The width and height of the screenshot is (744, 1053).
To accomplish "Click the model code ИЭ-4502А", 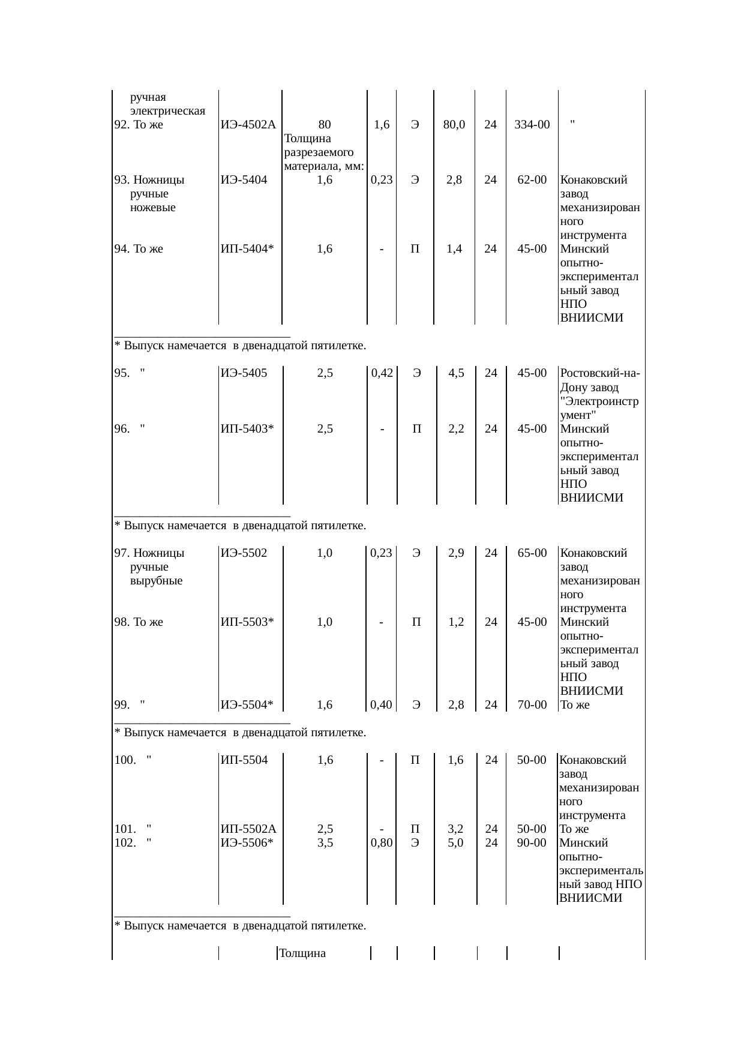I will coord(248,125).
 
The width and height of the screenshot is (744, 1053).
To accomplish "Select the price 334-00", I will coord(532,125).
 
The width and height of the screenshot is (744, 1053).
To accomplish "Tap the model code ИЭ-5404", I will coord(244,179).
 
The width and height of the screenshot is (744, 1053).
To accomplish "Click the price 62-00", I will coord(532,179).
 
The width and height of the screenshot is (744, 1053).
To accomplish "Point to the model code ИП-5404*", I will coord(247,248).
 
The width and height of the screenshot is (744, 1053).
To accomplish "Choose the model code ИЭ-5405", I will coord(244,373).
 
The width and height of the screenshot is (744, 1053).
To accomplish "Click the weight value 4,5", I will coord(456,373).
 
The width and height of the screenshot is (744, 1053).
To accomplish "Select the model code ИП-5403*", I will coord(247,428).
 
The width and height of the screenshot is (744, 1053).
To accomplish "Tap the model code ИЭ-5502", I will coord(244,553).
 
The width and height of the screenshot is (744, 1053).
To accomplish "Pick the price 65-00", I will coord(532,553).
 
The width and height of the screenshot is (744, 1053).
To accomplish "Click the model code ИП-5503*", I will coord(247,622).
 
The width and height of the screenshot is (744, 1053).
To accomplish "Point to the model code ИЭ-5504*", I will coord(247,704).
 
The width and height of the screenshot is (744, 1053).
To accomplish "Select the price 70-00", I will coord(532,704).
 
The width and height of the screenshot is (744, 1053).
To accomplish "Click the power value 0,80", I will coord(382,842).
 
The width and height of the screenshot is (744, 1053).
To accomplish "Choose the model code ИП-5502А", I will coord(248,829).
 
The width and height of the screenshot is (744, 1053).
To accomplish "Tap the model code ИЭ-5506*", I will coord(247,842).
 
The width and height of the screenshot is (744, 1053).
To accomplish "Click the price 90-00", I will coord(532,842).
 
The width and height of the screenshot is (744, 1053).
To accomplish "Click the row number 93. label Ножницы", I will coord(149,179).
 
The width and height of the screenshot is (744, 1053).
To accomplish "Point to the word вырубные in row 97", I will coord(156,581).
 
